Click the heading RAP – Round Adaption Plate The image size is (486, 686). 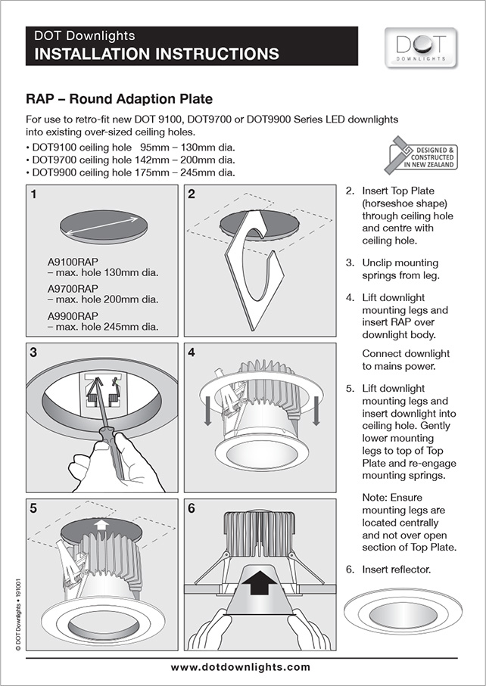pos(119,99)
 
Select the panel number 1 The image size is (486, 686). pos(34,194)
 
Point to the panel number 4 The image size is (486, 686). pos(192,352)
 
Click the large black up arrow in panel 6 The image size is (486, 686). pos(257,582)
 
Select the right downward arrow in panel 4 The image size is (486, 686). pos(318,409)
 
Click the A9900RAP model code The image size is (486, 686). pos(73,315)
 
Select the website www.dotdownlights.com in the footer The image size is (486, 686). pos(240,667)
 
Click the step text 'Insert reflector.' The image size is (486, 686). pos(397,569)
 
